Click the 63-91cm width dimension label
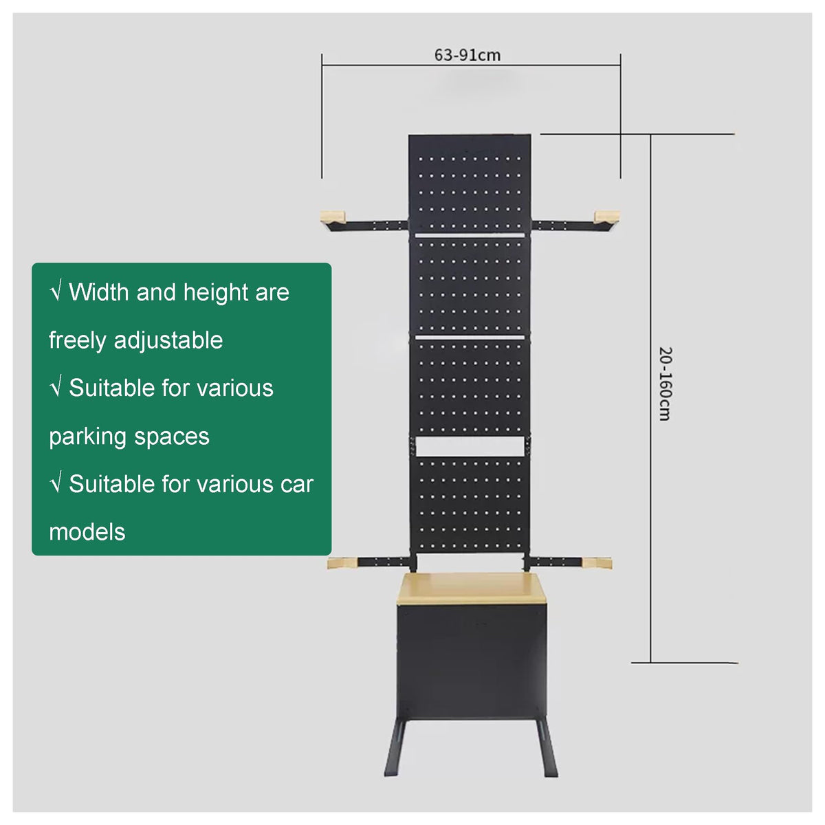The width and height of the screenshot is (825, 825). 467,55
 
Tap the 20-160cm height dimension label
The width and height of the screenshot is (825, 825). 665,384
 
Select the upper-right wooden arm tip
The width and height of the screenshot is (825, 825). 606,216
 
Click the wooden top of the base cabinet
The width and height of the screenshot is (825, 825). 472,588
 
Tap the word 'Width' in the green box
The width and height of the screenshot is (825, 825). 99,292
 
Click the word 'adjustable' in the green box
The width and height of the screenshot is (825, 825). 168,341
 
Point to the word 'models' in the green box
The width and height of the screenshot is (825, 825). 87,533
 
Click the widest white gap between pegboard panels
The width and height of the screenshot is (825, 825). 470,447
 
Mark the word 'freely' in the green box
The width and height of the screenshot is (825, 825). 77,341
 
